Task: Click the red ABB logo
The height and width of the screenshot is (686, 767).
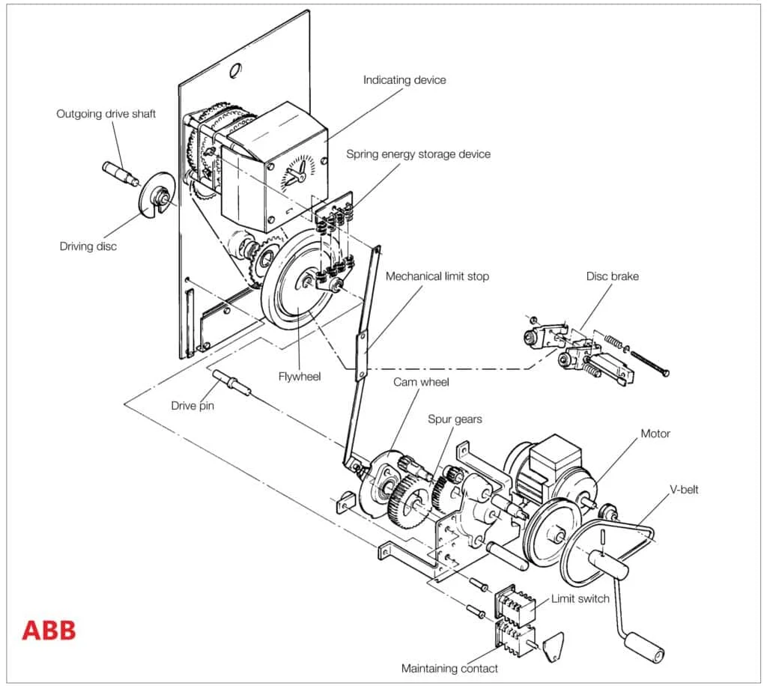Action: coord(49,631)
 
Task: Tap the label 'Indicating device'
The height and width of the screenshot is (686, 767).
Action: coord(404,80)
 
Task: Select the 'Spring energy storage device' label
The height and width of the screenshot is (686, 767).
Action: coord(418,154)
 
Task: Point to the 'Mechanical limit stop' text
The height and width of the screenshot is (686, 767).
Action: coord(437,276)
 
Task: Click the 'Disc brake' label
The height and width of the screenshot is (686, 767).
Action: coord(613,276)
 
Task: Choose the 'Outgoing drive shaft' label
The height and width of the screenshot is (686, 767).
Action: coord(106,114)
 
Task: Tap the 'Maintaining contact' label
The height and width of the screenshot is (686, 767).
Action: coord(449,668)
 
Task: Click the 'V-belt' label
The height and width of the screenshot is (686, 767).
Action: coord(684,490)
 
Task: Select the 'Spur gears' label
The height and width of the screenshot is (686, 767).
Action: coord(455,419)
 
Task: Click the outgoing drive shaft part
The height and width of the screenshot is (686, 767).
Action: coord(119,174)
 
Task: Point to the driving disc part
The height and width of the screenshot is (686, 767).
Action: coord(157,195)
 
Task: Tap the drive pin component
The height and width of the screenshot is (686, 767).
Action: coord(232,383)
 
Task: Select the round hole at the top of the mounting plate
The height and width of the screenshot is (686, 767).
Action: coord(235,70)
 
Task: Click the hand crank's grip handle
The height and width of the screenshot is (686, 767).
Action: coord(645,648)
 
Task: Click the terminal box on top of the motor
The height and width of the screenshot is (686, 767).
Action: coord(555,455)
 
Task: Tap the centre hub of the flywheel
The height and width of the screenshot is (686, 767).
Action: coord(307,281)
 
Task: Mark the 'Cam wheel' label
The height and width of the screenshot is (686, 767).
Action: coord(421,383)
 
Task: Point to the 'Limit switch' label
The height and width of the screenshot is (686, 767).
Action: coord(580,599)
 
